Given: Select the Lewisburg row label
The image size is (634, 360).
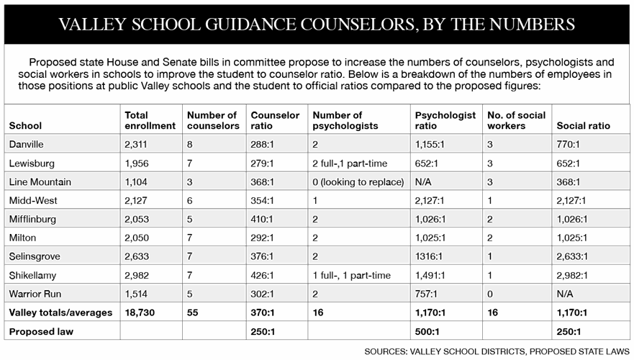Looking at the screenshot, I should (x=31, y=163).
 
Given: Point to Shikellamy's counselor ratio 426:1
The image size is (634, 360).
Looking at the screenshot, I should (x=264, y=275).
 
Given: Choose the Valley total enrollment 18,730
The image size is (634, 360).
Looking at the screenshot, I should (x=141, y=312).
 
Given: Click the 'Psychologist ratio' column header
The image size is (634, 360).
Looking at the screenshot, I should (x=445, y=120).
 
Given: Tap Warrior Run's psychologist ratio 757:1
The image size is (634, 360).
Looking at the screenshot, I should (x=430, y=294).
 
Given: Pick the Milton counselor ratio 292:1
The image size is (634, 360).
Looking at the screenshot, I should (x=264, y=238).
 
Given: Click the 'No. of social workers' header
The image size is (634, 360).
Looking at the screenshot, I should (x=516, y=120).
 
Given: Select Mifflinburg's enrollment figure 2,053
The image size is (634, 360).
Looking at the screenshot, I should (x=140, y=220).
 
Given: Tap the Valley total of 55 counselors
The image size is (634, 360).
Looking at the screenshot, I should (x=193, y=312).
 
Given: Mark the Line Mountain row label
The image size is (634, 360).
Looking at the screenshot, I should (x=40, y=182).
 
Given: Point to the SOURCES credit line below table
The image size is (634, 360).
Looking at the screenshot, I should (x=497, y=351).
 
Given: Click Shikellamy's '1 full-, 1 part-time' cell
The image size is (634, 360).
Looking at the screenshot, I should (x=351, y=275).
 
